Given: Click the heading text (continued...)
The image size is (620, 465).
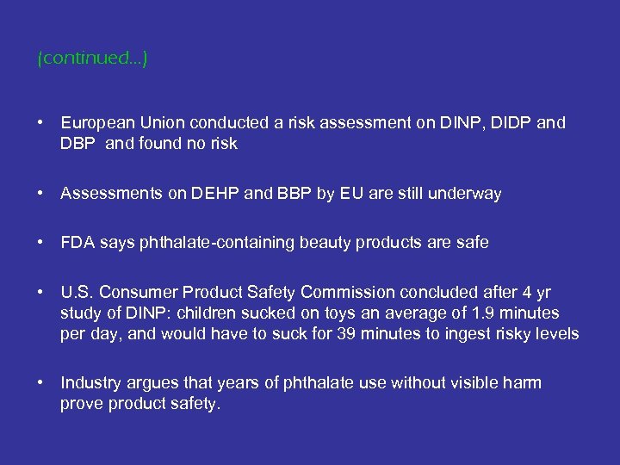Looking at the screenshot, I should pyautogui.click(x=93, y=59).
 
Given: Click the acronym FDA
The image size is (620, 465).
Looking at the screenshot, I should pyautogui.click(x=77, y=243).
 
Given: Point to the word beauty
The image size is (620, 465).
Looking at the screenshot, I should pyautogui.click(x=325, y=243).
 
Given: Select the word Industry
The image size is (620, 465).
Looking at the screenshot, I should pyautogui.click(x=90, y=382).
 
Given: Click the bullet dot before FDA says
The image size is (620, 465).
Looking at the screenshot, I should pyautogui.click(x=41, y=243).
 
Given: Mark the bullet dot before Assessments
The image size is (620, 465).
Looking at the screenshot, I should pyautogui.click(x=41, y=194).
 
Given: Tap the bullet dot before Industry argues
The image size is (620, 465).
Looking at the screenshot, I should pyautogui.click(x=41, y=382).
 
